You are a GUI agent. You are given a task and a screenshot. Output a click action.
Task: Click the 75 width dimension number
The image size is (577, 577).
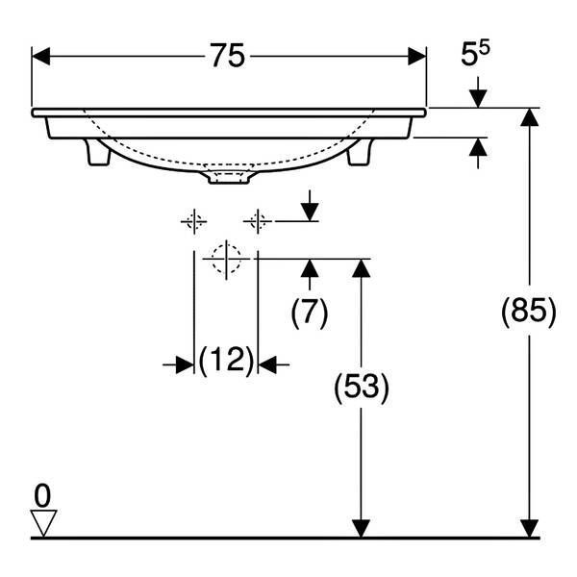coord(227,56)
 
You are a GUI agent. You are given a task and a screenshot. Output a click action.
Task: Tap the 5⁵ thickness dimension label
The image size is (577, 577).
coord(475,54)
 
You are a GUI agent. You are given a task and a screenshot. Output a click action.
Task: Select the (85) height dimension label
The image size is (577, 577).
coord(529,312)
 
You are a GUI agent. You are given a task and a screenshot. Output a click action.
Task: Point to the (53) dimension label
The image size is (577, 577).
coord(362,388)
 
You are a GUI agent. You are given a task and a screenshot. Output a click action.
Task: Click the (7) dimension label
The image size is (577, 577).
coord(309,313)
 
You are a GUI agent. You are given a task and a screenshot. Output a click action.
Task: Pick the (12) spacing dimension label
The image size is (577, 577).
coord(226,360)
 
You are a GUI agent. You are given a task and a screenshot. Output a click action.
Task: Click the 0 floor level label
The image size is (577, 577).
coord(42,496)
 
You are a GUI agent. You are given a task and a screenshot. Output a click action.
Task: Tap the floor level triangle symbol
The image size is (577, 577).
coord(43,523)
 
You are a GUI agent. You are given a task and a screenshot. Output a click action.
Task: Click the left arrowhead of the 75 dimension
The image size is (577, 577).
coord(40,57)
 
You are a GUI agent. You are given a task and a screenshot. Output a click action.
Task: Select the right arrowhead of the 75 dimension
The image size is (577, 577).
coord(417,57)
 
